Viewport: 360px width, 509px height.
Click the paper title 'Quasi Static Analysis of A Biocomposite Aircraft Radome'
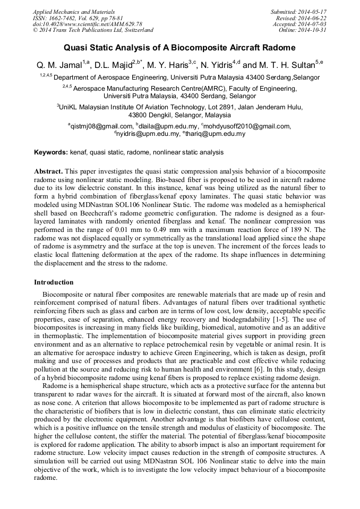(179, 47)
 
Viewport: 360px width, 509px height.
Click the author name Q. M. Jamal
(58, 65)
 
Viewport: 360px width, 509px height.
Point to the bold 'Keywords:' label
(51, 152)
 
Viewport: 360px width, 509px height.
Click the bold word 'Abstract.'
(49, 172)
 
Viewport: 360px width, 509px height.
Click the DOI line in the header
(87, 24)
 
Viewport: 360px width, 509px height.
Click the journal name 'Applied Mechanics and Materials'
(73, 12)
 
